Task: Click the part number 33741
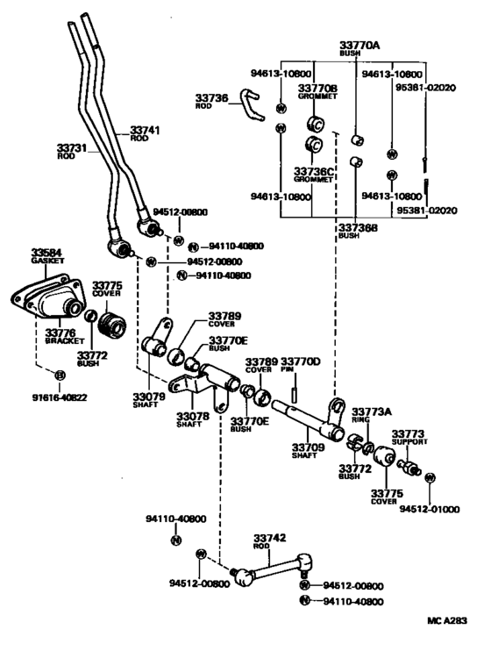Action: pos(145,129)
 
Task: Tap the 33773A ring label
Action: pos(372,411)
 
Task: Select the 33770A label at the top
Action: pos(359,44)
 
